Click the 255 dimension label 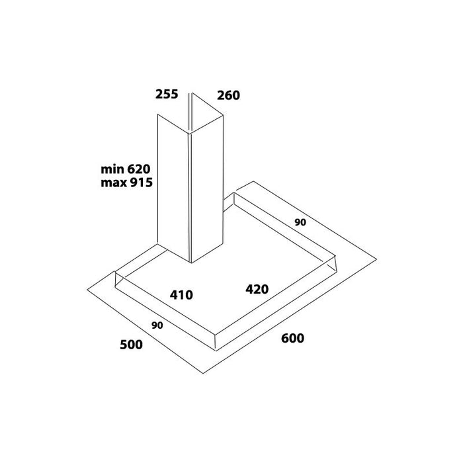pyautogui.click(x=167, y=94)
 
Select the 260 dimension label pyautogui.click(x=228, y=95)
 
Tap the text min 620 pyautogui.click(x=126, y=169)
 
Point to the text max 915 pyautogui.click(x=127, y=183)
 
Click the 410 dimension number pyautogui.click(x=181, y=295)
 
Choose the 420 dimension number pyautogui.click(x=257, y=289)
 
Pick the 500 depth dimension pyautogui.click(x=131, y=345)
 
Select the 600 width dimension pyautogui.click(x=292, y=338)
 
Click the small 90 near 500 pyautogui.click(x=157, y=325)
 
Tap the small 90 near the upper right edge pyautogui.click(x=300, y=222)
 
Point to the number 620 pyautogui.click(x=138, y=169)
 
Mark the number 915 pyautogui.click(x=141, y=183)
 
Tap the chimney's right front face pyautogui.click(x=207, y=189)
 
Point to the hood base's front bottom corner pyautogui.click(x=216, y=351)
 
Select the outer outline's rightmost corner pyautogui.click(x=376, y=259)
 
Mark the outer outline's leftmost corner pyautogui.click(x=87, y=290)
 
